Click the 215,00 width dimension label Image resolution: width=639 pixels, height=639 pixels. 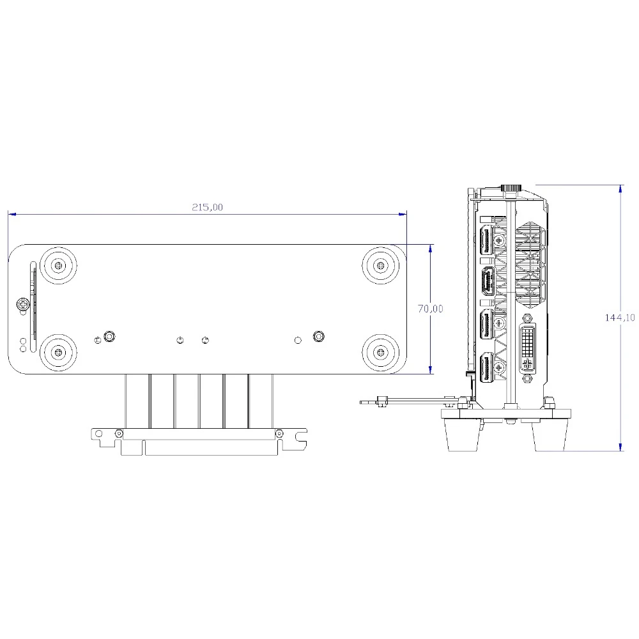pos(208,207)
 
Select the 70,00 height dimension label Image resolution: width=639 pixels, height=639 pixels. pos(430,309)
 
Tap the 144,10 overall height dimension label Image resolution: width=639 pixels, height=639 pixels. pos(619,318)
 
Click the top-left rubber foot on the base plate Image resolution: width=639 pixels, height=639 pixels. pos(59,266)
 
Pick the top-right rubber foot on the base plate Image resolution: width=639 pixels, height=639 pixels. pos(381,266)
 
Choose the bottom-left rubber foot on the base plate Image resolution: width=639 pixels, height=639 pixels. pos(59,352)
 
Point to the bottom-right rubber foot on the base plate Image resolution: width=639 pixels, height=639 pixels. pos(381,352)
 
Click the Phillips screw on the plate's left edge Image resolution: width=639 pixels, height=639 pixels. pos(23,304)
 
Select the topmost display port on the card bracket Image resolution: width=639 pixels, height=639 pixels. pos(487,242)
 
